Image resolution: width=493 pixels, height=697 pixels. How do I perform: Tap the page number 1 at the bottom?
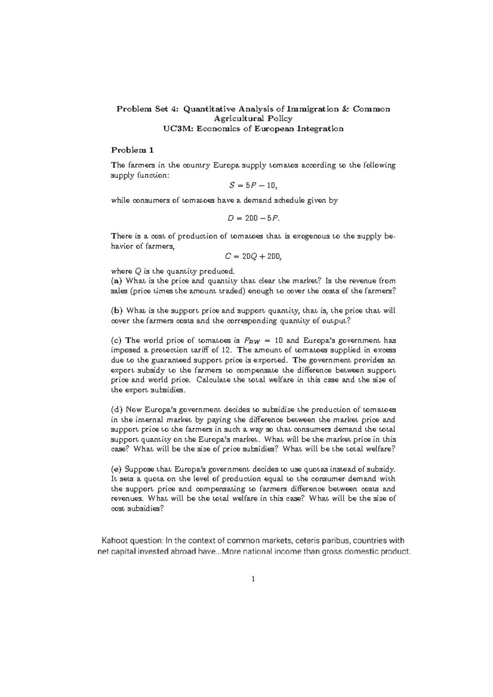coord(253,579)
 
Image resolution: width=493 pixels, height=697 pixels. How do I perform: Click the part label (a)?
coord(117,281)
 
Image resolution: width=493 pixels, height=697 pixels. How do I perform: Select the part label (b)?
coord(117,311)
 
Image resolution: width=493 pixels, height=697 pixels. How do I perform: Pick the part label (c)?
coord(117,341)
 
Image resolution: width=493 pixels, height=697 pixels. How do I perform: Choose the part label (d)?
coord(117,410)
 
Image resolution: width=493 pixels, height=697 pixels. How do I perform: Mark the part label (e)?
coord(117,469)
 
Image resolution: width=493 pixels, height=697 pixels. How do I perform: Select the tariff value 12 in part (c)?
coord(228,351)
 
